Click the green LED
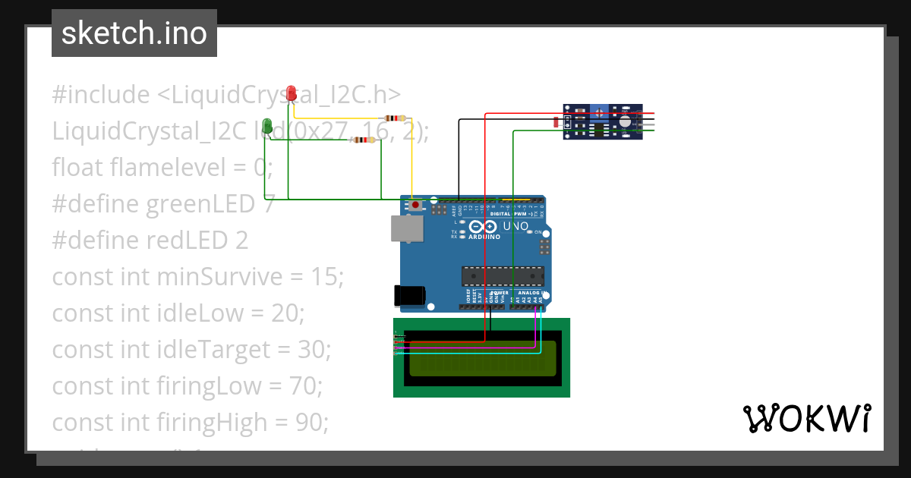tap(267, 127)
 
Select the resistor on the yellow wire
tap(395, 118)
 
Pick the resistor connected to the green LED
tap(362, 140)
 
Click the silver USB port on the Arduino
tap(408, 228)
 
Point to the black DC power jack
tap(408, 296)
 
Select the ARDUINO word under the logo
tap(484, 237)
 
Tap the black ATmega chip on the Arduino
tap(503, 277)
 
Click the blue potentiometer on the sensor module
tap(599, 113)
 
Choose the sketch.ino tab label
tap(134, 33)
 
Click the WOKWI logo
tap(806, 419)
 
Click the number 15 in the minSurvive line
tap(326, 277)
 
